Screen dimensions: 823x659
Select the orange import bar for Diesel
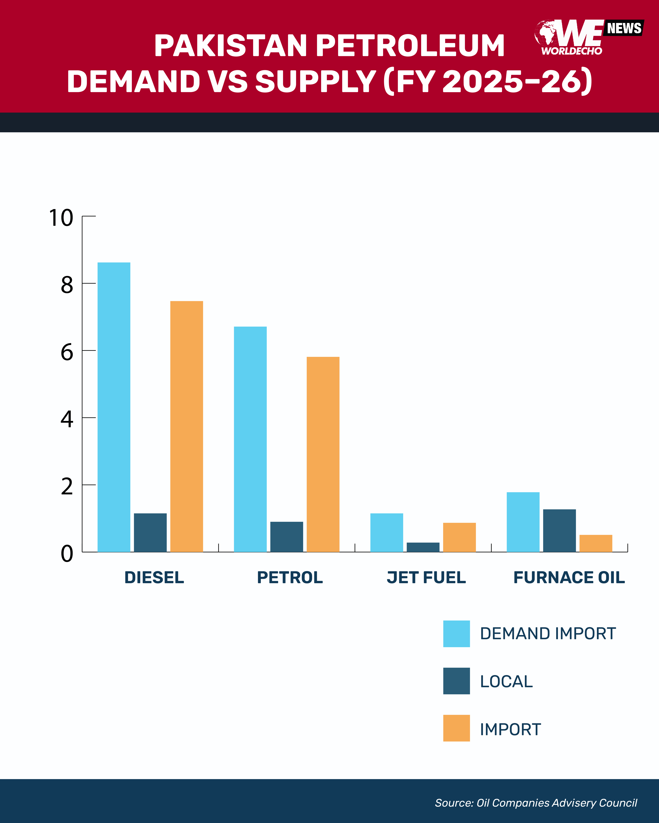(x=186, y=426)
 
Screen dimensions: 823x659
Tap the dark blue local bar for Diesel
(x=150, y=533)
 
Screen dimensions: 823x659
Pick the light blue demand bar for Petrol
(x=250, y=439)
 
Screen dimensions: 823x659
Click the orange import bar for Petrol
(x=323, y=454)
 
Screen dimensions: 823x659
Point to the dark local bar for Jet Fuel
(x=423, y=547)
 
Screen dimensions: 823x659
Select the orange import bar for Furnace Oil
(x=596, y=543)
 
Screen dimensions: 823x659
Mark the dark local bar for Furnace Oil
(x=559, y=531)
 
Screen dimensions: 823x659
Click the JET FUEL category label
(x=426, y=577)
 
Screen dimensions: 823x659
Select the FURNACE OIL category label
(x=569, y=577)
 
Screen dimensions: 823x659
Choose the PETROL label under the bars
(x=290, y=577)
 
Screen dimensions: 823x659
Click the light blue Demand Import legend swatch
(x=456, y=634)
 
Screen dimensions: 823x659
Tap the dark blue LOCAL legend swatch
(x=456, y=681)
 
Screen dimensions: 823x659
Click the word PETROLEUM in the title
(x=410, y=46)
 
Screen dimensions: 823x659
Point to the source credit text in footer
(x=536, y=803)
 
